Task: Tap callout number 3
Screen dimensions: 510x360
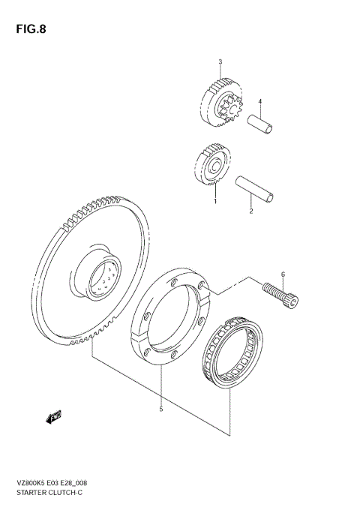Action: click(x=220, y=61)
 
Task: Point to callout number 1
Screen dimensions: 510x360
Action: click(x=215, y=201)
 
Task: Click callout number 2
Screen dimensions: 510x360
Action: click(x=250, y=211)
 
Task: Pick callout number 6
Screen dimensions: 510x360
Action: click(x=283, y=274)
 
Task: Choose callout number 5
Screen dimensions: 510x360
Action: click(x=160, y=409)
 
